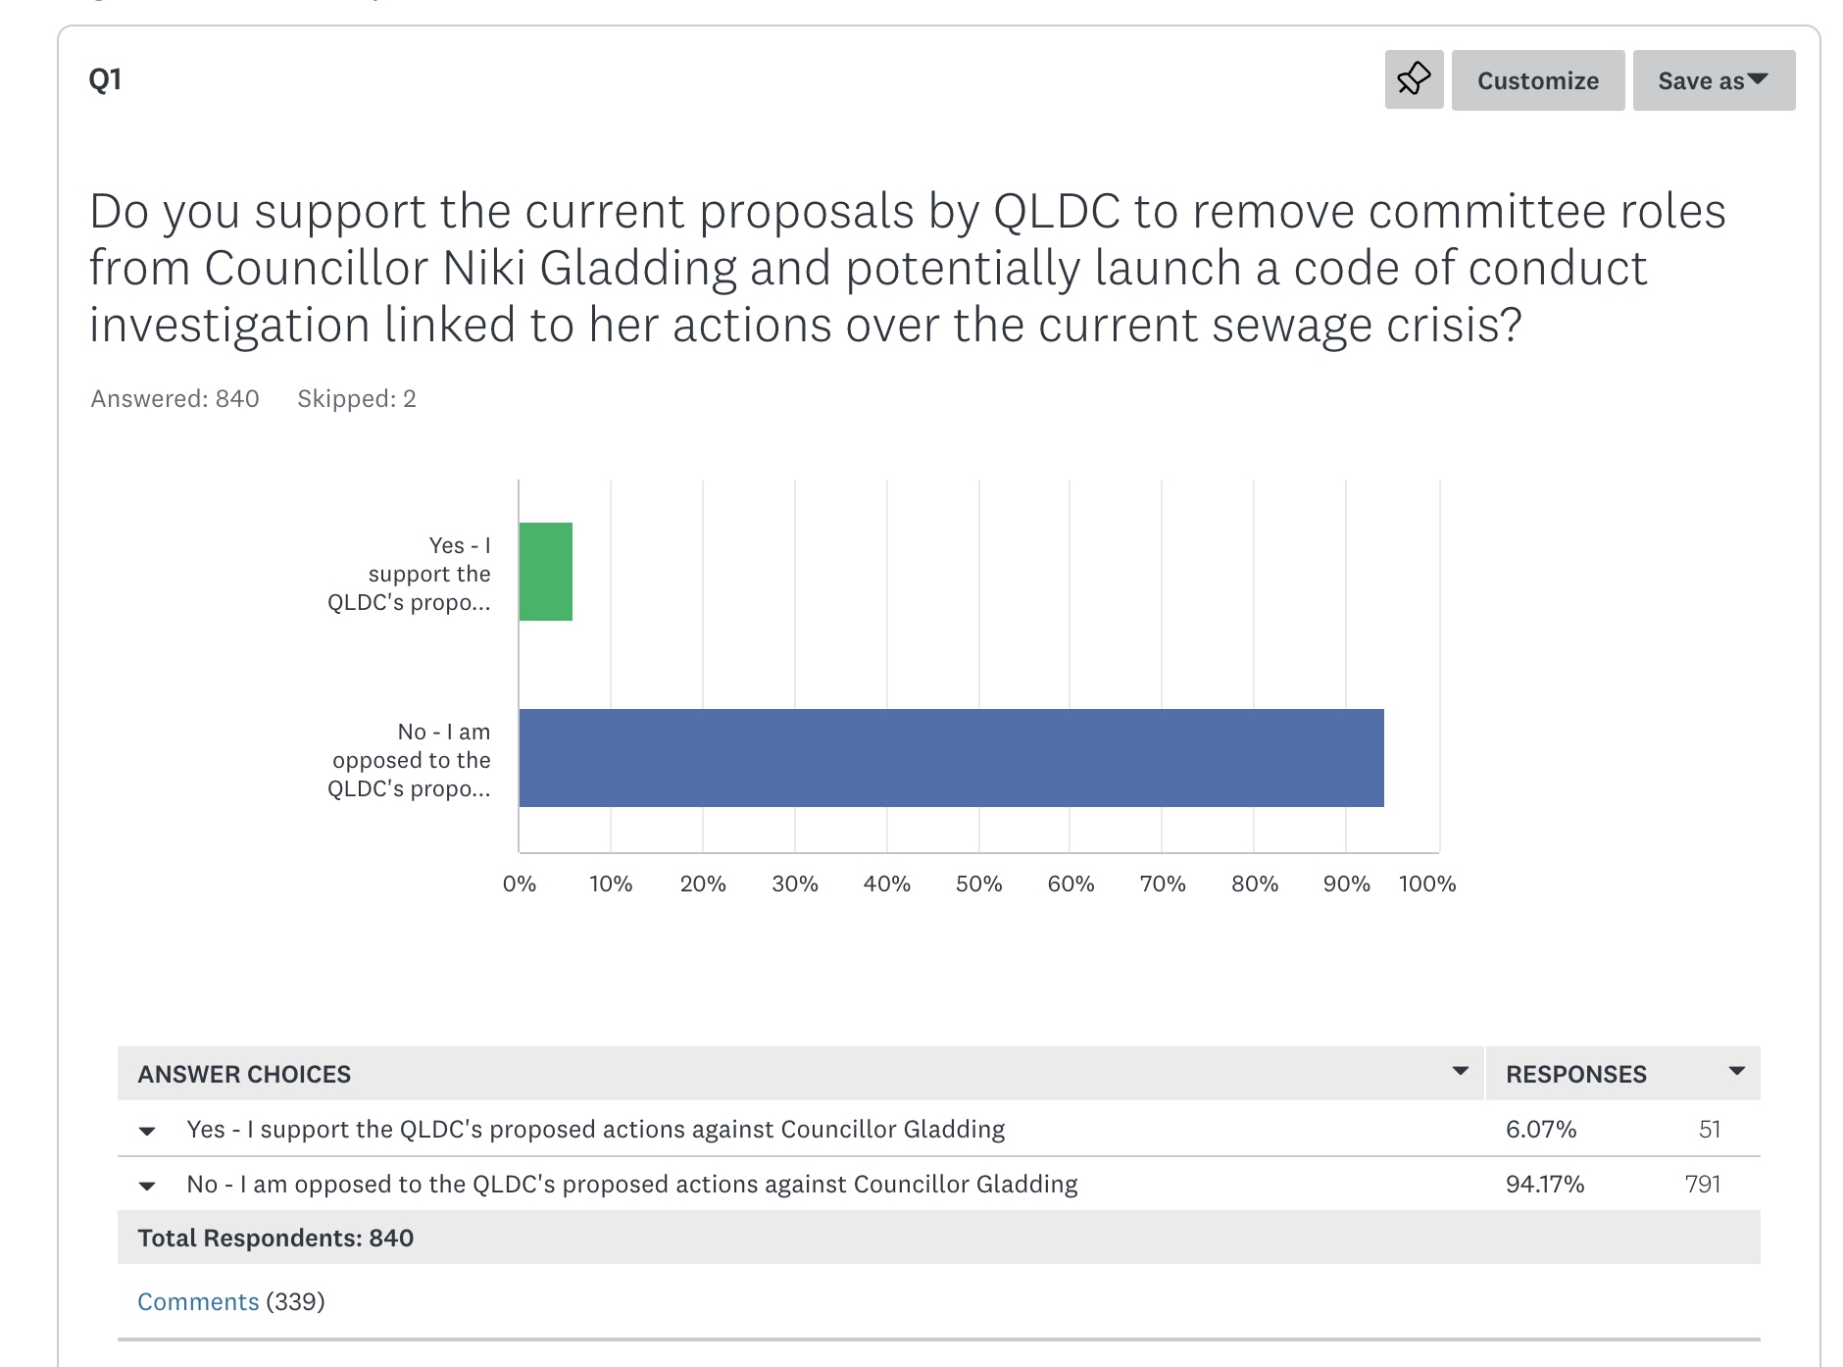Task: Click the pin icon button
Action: pyautogui.click(x=1414, y=79)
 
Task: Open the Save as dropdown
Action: pyautogui.click(x=1713, y=80)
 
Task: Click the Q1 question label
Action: pyautogui.click(x=105, y=79)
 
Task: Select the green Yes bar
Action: pyautogui.click(x=546, y=572)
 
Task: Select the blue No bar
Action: pyautogui.click(x=951, y=758)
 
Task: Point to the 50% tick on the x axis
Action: pyautogui.click(x=978, y=884)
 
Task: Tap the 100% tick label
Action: pyautogui.click(x=1426, y=884)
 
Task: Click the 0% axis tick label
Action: pyautogui.click(x=519, y=884)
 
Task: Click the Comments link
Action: pyautogui.click(x=198, y=1301)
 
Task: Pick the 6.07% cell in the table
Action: pyautogui.click(x=1541, y=1129)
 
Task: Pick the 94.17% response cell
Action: pyautogui.click(x=1545, y=1184)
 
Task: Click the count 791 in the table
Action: pyautogui.click(x=1703, y=1184)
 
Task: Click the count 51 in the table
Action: pyautogui.click(x=1710, y=1129)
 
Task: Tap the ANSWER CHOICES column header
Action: pyautogui.click(x=244, y=1074)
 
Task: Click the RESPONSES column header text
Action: pyautogui.click(x=1575, y=1074)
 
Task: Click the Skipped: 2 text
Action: pyautogui.click(x=357, y=398)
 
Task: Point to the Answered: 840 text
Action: pyautogui.click(x=174, y=398)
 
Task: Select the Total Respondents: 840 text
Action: pyautogui.click(x=275, y=1238)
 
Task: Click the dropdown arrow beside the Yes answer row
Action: pyautogui.click(x=147, y=1131)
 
